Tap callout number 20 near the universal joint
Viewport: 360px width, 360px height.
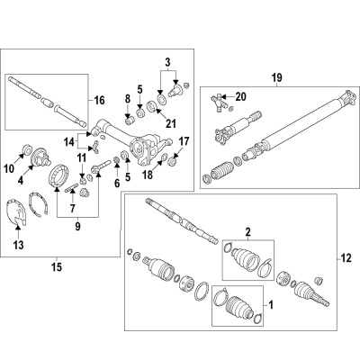[240, 96]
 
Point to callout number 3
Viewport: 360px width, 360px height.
[166, 62]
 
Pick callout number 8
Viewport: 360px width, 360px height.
[128, 98]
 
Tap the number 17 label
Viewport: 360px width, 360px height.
[184, 140]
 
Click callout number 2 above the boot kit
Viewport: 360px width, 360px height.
[249, 233]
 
